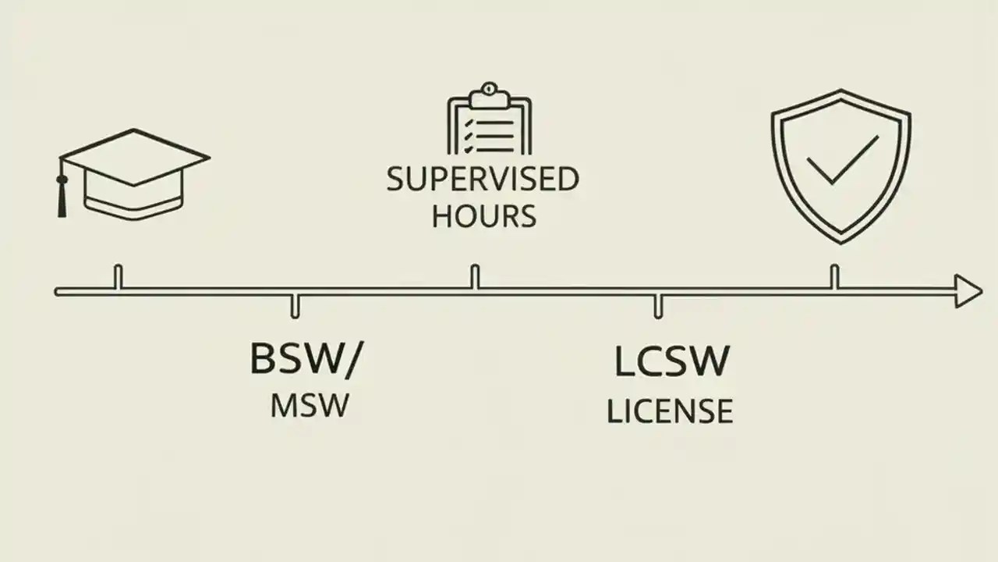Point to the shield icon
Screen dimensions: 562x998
(841, 164)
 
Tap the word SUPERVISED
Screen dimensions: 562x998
(483, 180)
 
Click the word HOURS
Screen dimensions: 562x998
(483, 216)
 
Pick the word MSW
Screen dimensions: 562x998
(309, 407)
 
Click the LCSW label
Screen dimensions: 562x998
(671, 361)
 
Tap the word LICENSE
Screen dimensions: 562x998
(670, 411)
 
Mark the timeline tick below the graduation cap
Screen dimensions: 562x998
(119, 277)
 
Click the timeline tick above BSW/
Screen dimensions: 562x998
(295, 306)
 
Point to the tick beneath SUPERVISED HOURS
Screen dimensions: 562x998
(474, 277)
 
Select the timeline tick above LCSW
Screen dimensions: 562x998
(658, 306)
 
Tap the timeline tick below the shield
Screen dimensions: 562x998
(834, 277)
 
